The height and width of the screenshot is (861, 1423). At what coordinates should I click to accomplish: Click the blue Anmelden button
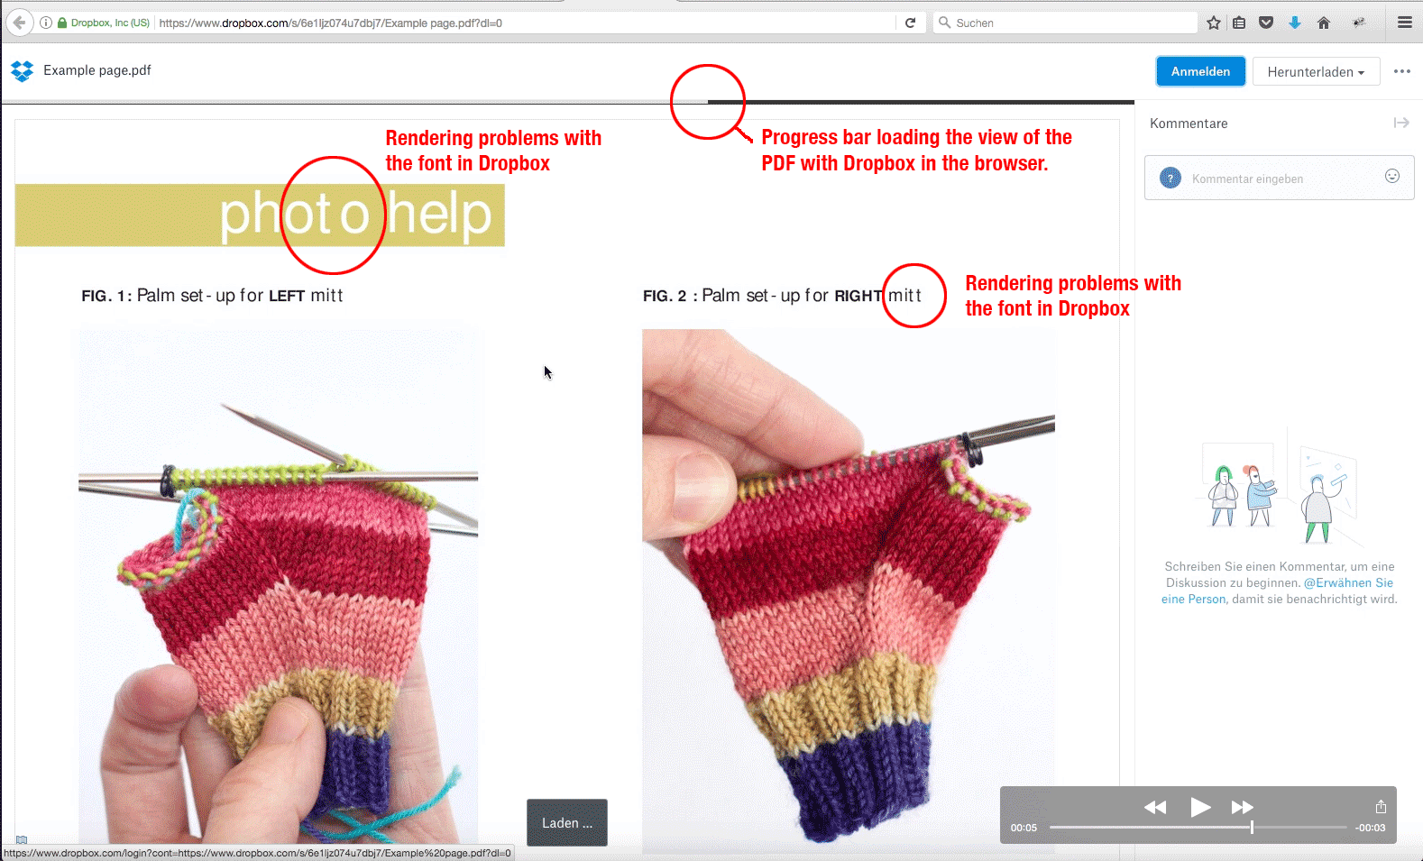point(1200,71)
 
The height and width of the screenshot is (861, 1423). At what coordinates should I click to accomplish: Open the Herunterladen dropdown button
point(1316,72)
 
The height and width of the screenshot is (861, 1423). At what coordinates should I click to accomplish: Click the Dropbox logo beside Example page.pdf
point(23,70)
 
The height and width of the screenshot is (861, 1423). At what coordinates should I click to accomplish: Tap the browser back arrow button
point(20,23)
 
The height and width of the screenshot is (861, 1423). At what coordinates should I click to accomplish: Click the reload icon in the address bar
point(910,23)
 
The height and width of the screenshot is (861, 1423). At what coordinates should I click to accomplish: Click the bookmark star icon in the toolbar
point(1214,23)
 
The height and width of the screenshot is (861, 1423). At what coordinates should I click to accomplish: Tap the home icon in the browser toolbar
point(1324,23)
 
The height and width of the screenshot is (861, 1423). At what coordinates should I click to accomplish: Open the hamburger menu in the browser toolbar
point(1405,23)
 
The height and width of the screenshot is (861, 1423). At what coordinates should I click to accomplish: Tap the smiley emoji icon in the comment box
point(1391,176)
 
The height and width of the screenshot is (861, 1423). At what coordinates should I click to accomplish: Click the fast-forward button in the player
point(1242,807)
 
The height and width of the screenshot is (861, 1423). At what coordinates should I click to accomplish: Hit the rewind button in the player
point(1155,807)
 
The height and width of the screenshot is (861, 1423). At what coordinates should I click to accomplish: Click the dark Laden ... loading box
point(566,822)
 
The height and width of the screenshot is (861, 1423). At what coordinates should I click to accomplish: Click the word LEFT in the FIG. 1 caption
point(287,296)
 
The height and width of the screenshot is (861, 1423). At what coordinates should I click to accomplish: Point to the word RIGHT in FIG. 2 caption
point(858,296)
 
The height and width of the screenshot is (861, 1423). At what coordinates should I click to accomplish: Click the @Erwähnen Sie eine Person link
point(1277,591)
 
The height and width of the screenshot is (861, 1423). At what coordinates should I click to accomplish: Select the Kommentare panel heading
point(1189,124)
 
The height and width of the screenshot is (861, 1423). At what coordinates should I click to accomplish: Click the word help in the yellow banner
point(439,214)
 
